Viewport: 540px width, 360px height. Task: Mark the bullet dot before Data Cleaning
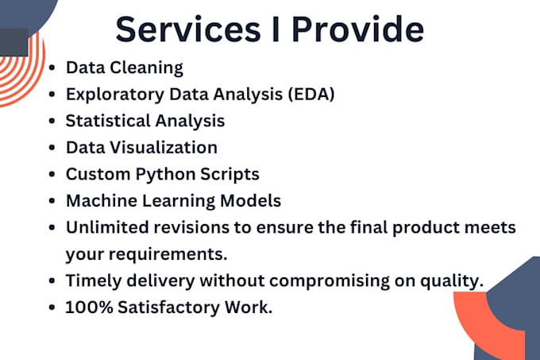coord(52,68)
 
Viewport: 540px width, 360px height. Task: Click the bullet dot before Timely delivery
coord(52,281)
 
